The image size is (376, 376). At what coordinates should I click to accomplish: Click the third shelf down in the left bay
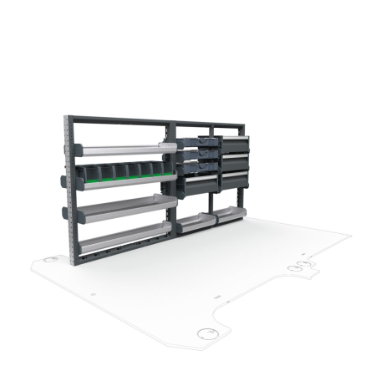pyautogui.click(x=125, y=206)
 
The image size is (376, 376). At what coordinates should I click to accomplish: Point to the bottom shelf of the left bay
pyautogui.click(x=125, y=236)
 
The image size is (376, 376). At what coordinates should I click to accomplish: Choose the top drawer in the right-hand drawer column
pyautogui.click(x=235, y=142)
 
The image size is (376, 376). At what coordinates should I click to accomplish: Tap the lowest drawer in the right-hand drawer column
pyautogui.click(x=235, y=179)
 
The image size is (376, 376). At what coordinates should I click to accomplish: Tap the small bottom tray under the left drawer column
pyautogui.click(x=197, y=221)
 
